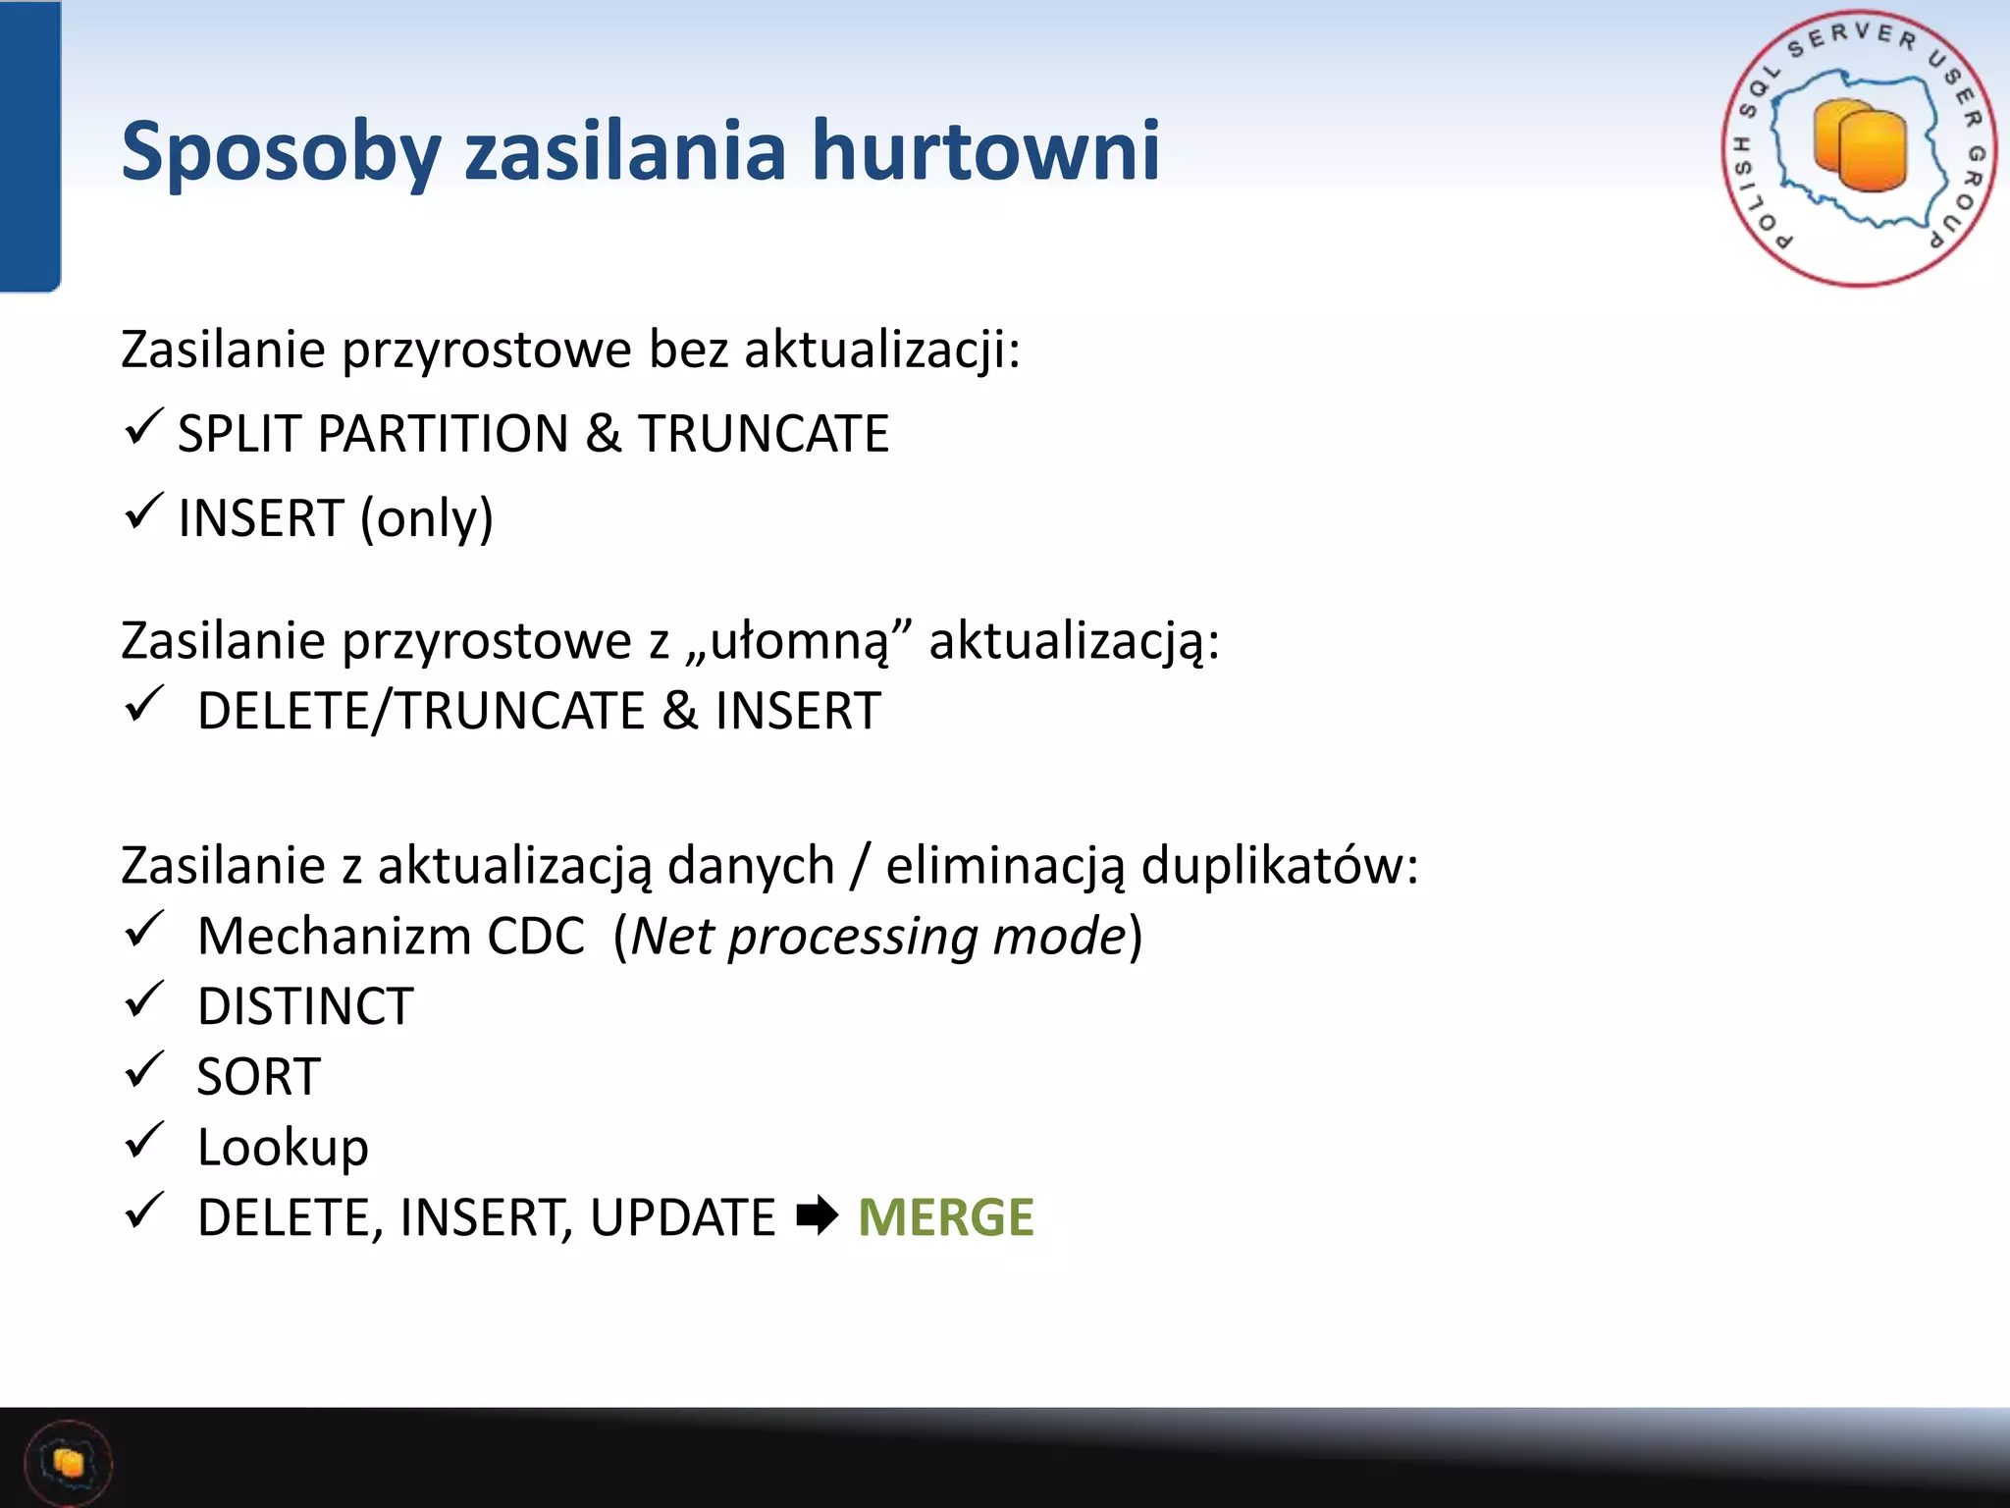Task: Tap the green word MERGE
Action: pos(945,1217)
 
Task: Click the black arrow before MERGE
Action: pos(817,1216)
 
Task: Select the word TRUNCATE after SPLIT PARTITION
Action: pos(764,434)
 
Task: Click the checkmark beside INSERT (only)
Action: pos(143,512)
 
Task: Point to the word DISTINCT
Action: pos(305,1007)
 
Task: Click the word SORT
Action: pos(258,1078)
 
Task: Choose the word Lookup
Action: pos(283,1148)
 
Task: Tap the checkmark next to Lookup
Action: pos(143,1141)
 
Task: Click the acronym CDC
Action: pos(536,937)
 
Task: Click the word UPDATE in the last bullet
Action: pos(683,1218)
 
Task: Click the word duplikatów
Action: pos(1279,866)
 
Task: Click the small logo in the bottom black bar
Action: pos(69,1463)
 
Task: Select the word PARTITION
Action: pos(443,434)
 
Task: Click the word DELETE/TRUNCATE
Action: pos(421,711)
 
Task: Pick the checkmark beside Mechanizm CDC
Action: pos(143,929)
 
